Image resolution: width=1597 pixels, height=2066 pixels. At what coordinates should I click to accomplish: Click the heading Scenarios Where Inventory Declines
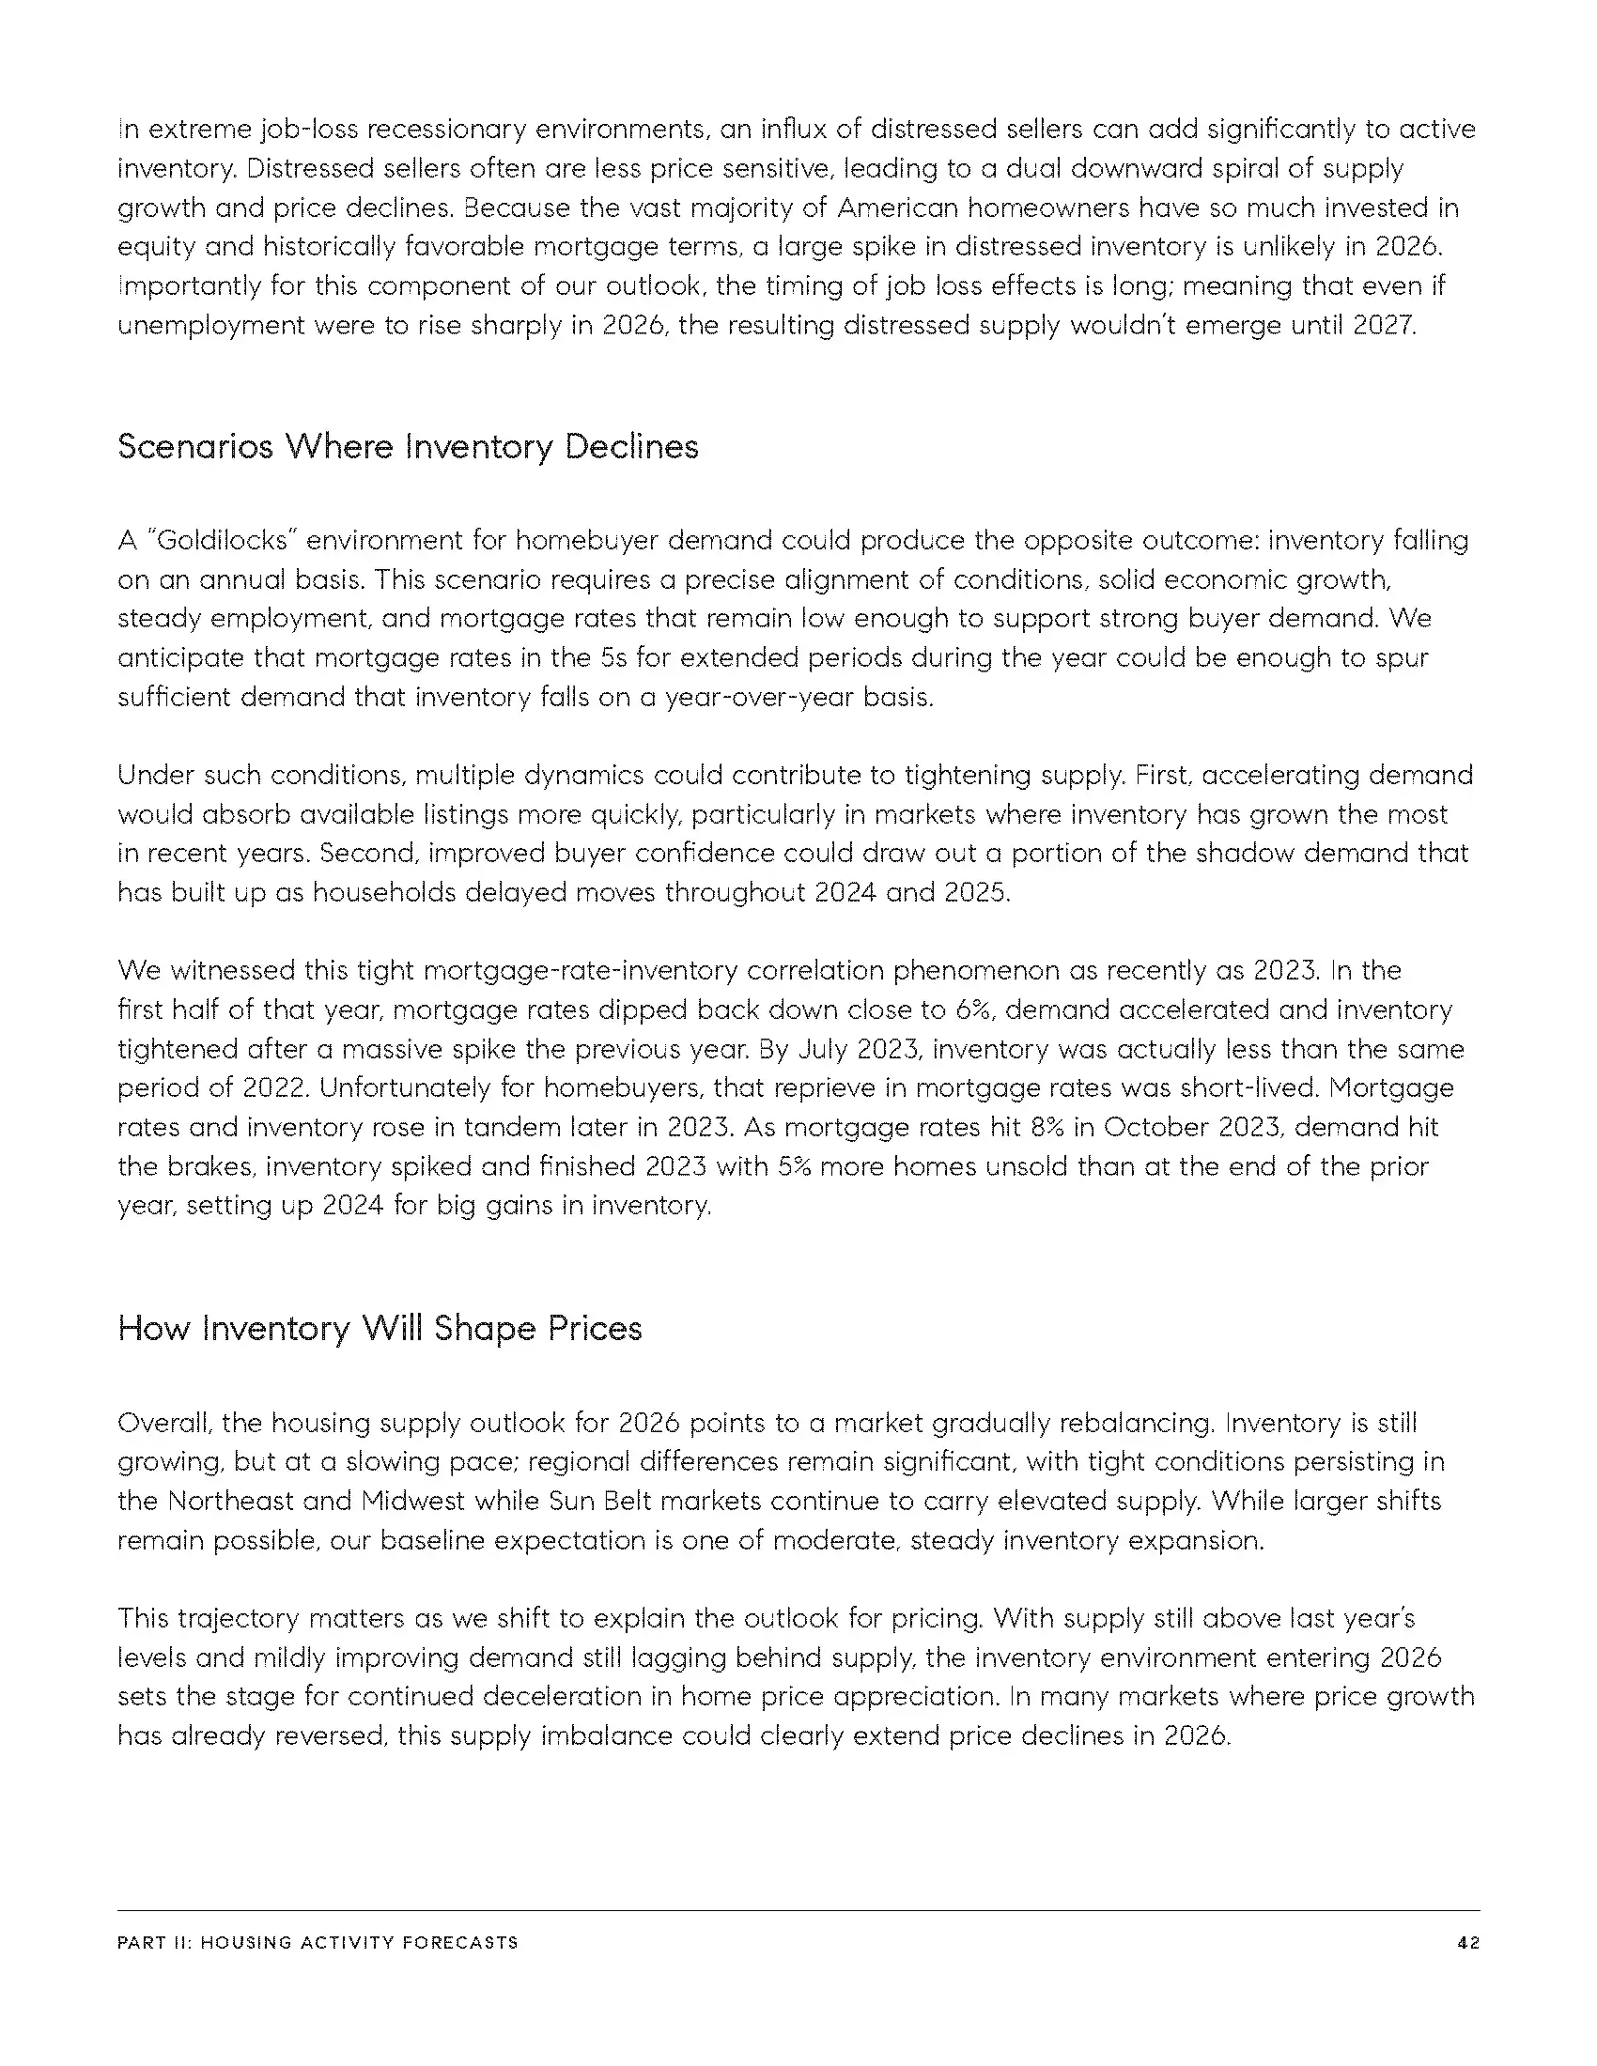click(408, 446)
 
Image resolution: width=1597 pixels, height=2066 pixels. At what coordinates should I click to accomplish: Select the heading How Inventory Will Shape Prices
click(380, 1328)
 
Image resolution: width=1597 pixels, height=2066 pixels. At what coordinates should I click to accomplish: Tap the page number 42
click(1468, 1943)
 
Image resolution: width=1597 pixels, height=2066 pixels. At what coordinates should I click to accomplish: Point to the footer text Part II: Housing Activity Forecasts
click(318, 1943)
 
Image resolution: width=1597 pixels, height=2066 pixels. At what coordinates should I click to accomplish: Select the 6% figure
click(970, 1010)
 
